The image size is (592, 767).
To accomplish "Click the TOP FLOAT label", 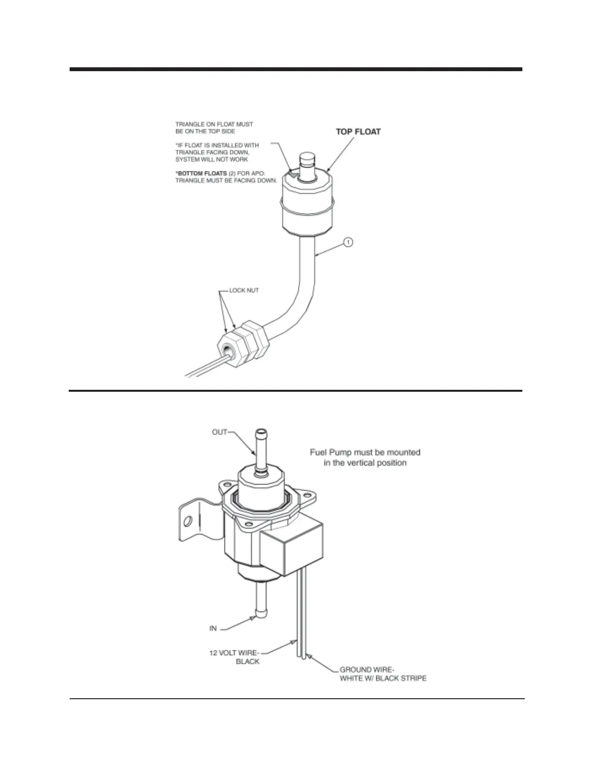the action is pos(358,132).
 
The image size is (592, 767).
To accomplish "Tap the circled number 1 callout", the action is pos(348,241).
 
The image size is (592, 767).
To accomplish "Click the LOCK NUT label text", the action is pos(244,291).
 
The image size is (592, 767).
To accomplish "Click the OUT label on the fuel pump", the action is pos(220,432).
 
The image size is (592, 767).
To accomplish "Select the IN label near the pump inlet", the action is pos(213,629).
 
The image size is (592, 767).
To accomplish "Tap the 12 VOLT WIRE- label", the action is pos(234,653).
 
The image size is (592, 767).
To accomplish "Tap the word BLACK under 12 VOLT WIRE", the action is pos(248,661).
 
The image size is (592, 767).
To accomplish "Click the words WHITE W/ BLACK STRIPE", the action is pos(383,678).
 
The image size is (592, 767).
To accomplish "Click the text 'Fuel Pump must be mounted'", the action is pos(365,452).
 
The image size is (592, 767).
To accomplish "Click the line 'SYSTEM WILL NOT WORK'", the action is pos(212,159).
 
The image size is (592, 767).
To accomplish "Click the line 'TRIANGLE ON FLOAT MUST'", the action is pos(214,124).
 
